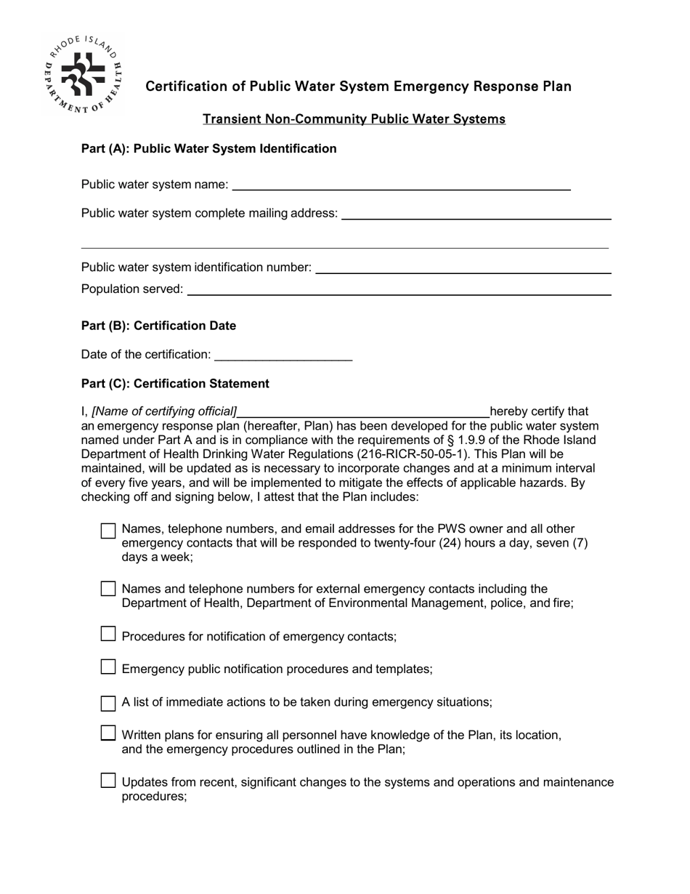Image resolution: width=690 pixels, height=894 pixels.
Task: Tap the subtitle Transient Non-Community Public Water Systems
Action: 354,118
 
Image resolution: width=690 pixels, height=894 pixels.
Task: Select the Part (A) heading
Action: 208,149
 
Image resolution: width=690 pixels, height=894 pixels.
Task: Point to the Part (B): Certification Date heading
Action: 158,326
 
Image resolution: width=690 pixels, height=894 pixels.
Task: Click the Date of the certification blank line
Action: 284,356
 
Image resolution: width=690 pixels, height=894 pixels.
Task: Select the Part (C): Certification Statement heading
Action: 175,384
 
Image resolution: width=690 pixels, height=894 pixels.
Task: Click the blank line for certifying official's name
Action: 364,413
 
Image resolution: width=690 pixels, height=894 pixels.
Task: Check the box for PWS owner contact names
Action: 108,531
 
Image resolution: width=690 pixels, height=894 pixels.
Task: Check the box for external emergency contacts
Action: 108,589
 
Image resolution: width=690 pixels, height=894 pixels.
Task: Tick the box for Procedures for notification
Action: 108,635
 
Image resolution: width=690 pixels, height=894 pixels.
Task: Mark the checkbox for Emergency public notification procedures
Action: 108,667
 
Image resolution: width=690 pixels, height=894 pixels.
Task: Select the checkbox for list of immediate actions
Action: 108,703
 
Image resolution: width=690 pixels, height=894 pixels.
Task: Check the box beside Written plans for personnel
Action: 108,733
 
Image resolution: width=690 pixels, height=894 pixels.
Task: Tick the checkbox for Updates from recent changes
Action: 108,781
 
